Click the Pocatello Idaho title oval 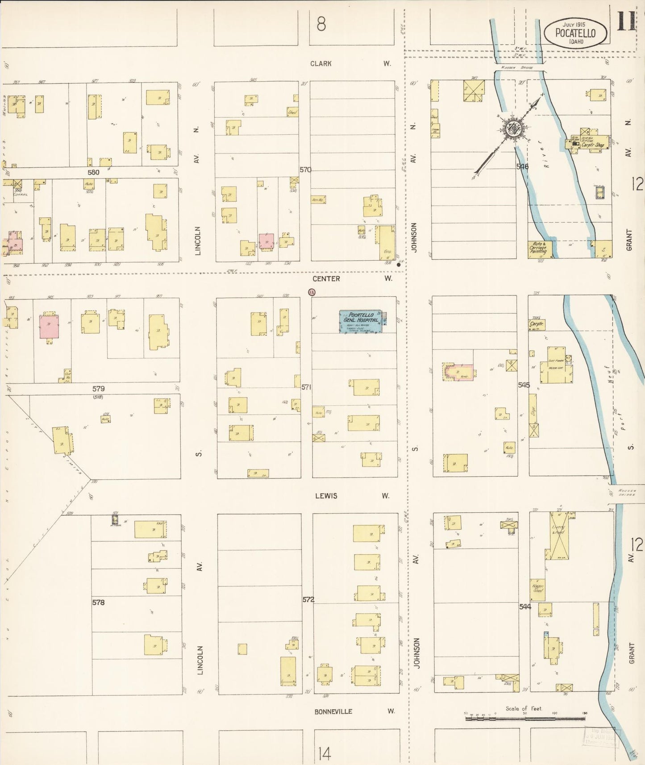[x=575, y=33]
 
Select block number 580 [x=93, y=172]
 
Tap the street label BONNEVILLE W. [x=354, y=711]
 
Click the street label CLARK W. [x=350, y=64]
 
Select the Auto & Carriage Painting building [x=539, y=249]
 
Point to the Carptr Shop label [x=593, y=145]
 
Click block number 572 [x=308, y=599]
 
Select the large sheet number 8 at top [x=320, y=24]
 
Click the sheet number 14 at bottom [x=325, y=754]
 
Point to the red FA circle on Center [x=312, y=292]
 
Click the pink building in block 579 [x=49, y=326]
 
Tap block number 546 [x=522, y=166]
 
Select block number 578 [x=98, y=603]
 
